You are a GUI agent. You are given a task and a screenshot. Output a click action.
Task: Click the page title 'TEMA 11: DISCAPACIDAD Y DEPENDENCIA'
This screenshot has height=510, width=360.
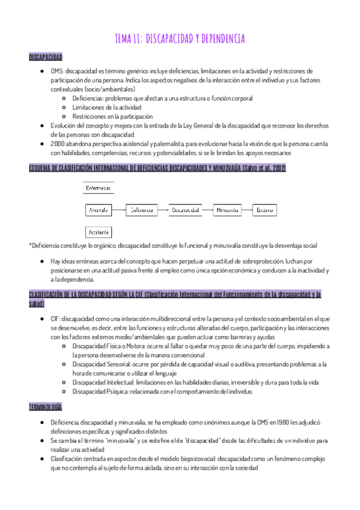tap(180, 39)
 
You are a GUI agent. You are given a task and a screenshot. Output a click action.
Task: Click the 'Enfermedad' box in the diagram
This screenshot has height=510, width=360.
tap(99, 188)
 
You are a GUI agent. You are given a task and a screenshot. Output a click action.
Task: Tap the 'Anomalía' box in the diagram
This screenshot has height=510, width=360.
tap(98, 210)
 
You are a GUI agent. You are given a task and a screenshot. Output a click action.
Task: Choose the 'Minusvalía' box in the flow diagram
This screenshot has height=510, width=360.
tap(227, 210)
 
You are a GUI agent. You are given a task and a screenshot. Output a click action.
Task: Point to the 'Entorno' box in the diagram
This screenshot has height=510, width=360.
tap(265, 210)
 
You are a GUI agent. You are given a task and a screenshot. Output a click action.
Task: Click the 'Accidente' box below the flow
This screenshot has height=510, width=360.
tap(99, 232)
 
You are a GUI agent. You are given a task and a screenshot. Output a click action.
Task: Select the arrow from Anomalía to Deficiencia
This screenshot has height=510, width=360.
tap(120, 210)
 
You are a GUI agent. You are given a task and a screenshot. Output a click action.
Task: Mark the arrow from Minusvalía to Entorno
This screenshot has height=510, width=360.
tap(246, 210)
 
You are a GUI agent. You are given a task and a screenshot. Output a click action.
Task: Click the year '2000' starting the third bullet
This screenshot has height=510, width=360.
tap(58, 144)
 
